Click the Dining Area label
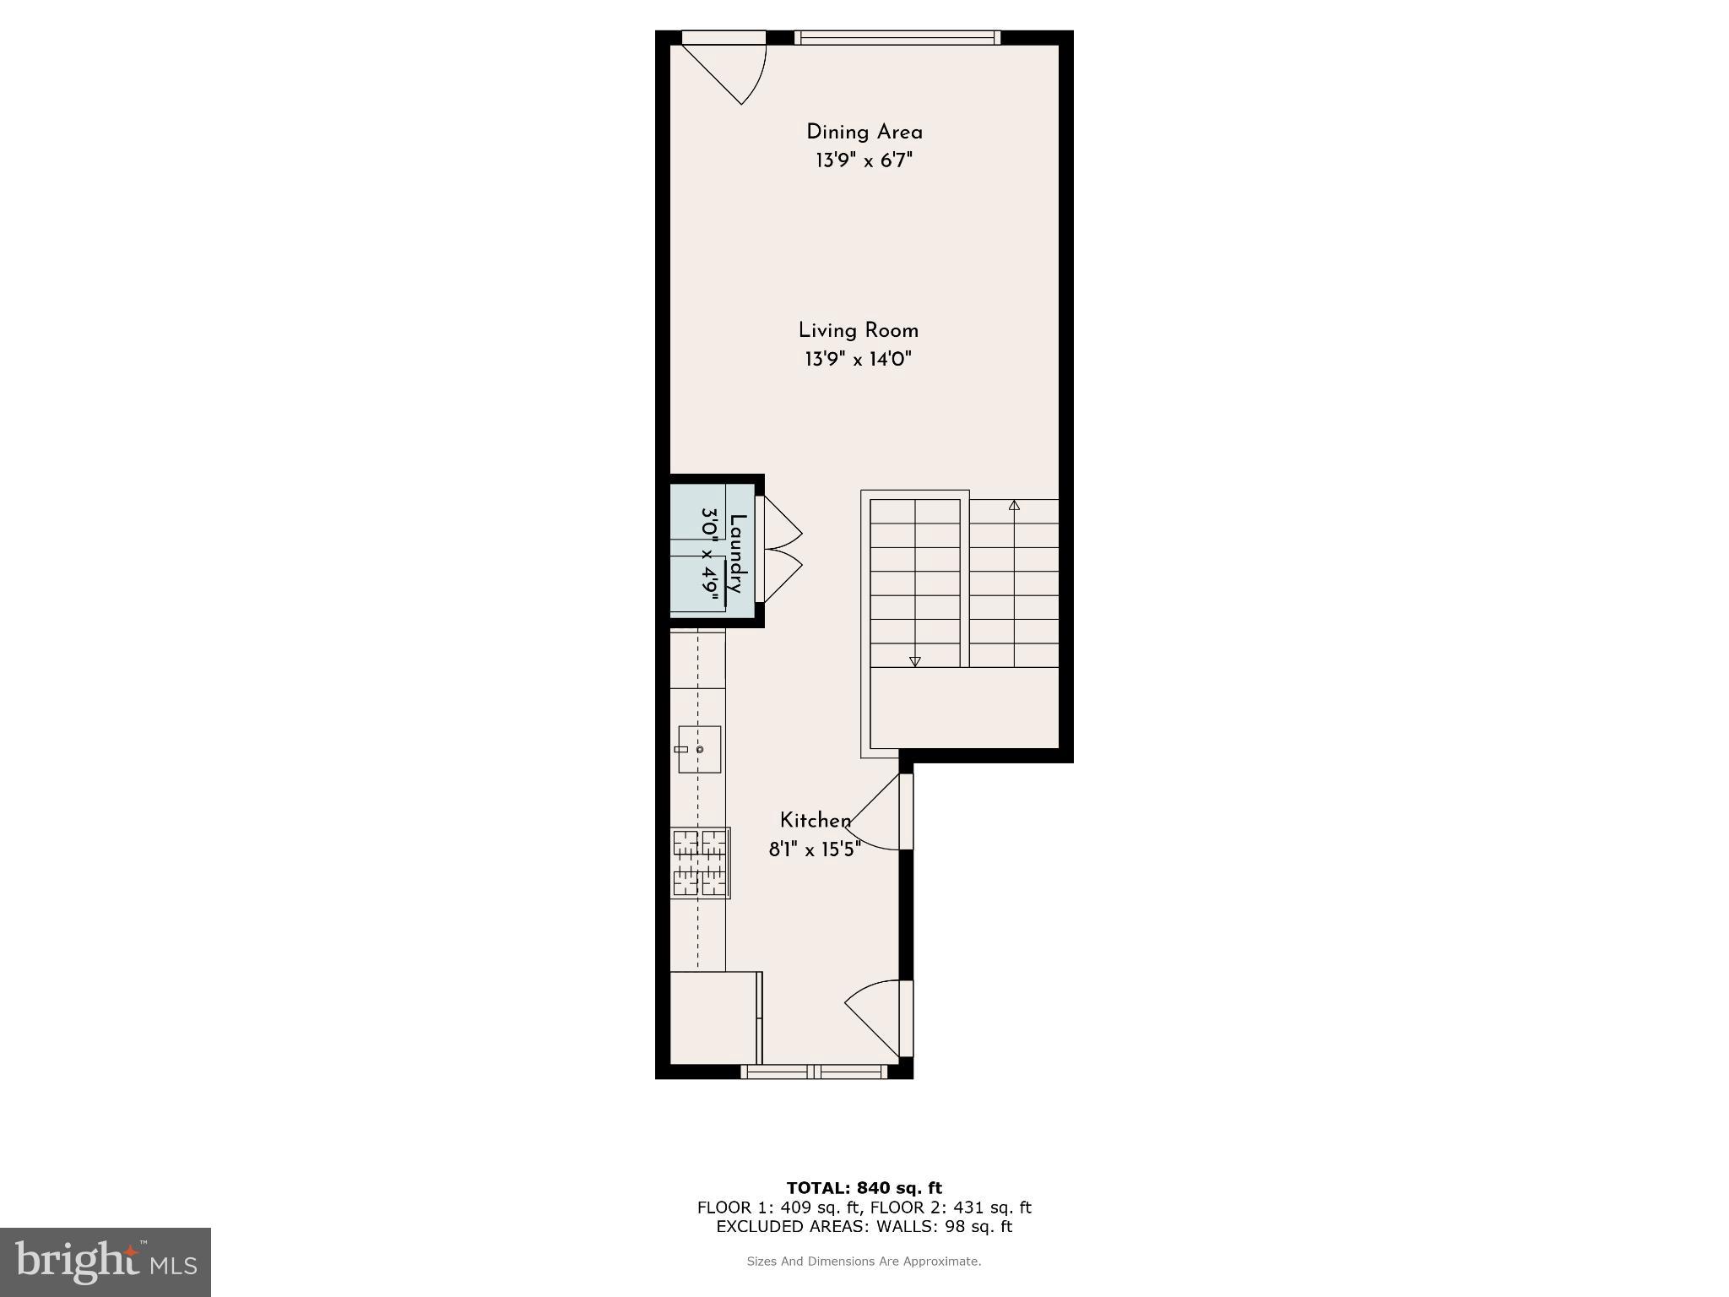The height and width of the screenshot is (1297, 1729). [x=864, y=133]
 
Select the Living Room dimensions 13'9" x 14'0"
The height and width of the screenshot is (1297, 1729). [x=858, y=360]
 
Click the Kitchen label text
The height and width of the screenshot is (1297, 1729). [x=815, y=821]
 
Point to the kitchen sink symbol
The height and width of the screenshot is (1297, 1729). [x=699, y=749]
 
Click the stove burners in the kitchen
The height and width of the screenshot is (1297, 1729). [x=700, y=863]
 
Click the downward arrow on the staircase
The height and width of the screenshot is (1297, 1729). [x=914, y=661]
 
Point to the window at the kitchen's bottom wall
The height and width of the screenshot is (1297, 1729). [x=814, y=1072]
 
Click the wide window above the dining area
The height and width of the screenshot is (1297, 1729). [x=897, y=37]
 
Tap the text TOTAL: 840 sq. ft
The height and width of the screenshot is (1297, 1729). [x=864, y=1188]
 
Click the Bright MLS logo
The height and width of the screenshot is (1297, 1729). [x=106, y=1262]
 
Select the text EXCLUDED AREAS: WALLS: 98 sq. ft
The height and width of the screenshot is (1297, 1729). [x=864, y=1227]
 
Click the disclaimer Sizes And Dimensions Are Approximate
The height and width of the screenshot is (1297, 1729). [x=864, y=1262]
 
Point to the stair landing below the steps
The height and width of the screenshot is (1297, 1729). [x=964, y=708]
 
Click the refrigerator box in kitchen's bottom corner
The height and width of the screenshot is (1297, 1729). [x=714, y=1018]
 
